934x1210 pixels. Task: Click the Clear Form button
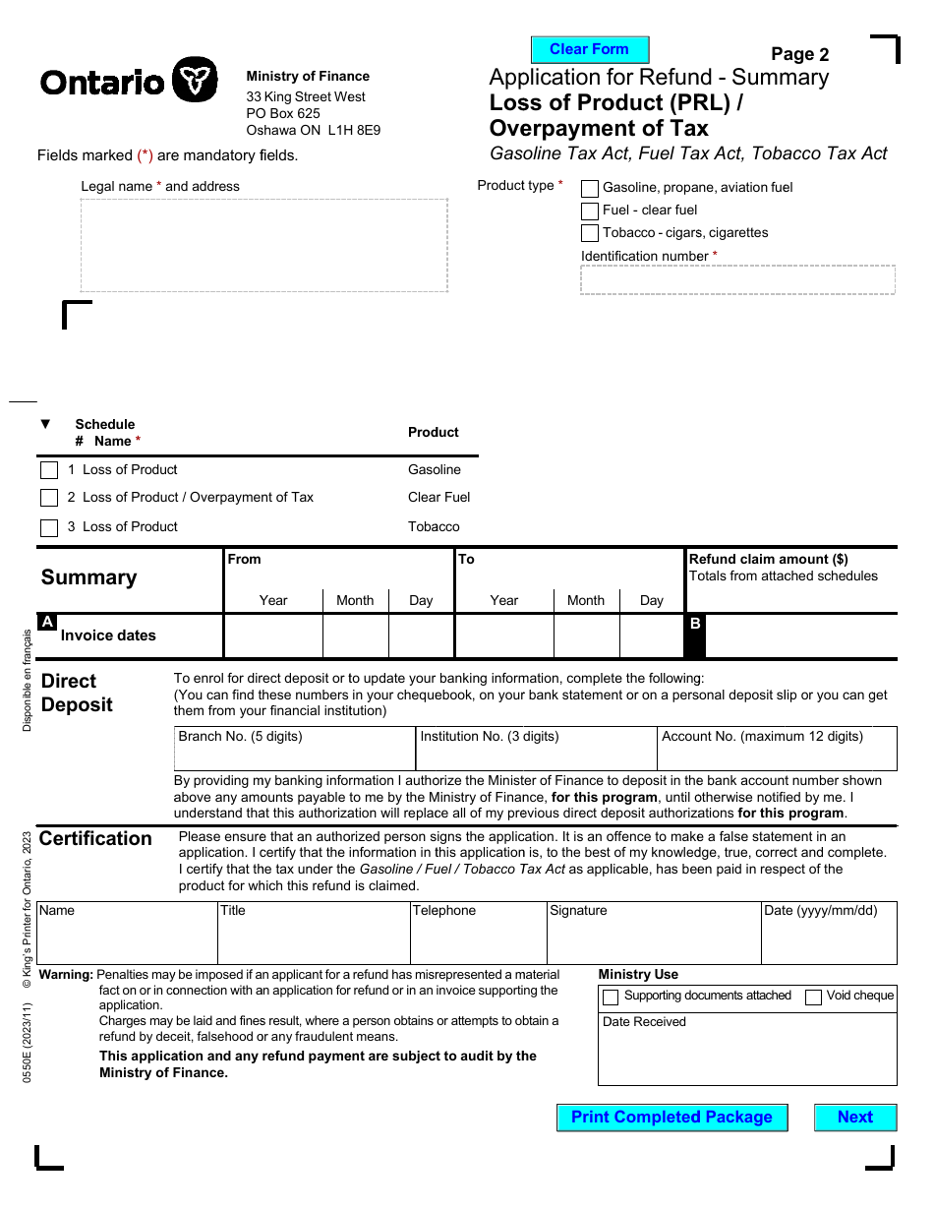pyautogui.click(x=590, y=50)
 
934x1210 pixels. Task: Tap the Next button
pyautogui.click(x=854, y=1118)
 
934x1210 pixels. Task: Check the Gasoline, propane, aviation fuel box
pyautogui.click(x=590, y=188)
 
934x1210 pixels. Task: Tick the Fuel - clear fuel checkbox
pyautogui.click(x=590, y=211)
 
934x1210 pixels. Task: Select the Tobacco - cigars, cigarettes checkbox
pyautogui.click(x=590, y=233)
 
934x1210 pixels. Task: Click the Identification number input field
pyautogui.click(x=737, y=280)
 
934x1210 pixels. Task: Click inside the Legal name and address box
pyautogui.click(x=263, y=245)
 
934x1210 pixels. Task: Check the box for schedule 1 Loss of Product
pyautogui.click(x=49, y=470)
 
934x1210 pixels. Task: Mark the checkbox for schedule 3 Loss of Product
pyautogui.click(x=49, y=527)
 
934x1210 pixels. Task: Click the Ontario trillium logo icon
pyautogui.click(x=195, y=80)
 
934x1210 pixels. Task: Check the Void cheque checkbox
pyautogui.click(x=813, y=998)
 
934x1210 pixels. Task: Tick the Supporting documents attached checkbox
pyautogui.click(x=611, y=998)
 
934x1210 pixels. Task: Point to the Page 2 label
pyautogui.click(x=799, y=55)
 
